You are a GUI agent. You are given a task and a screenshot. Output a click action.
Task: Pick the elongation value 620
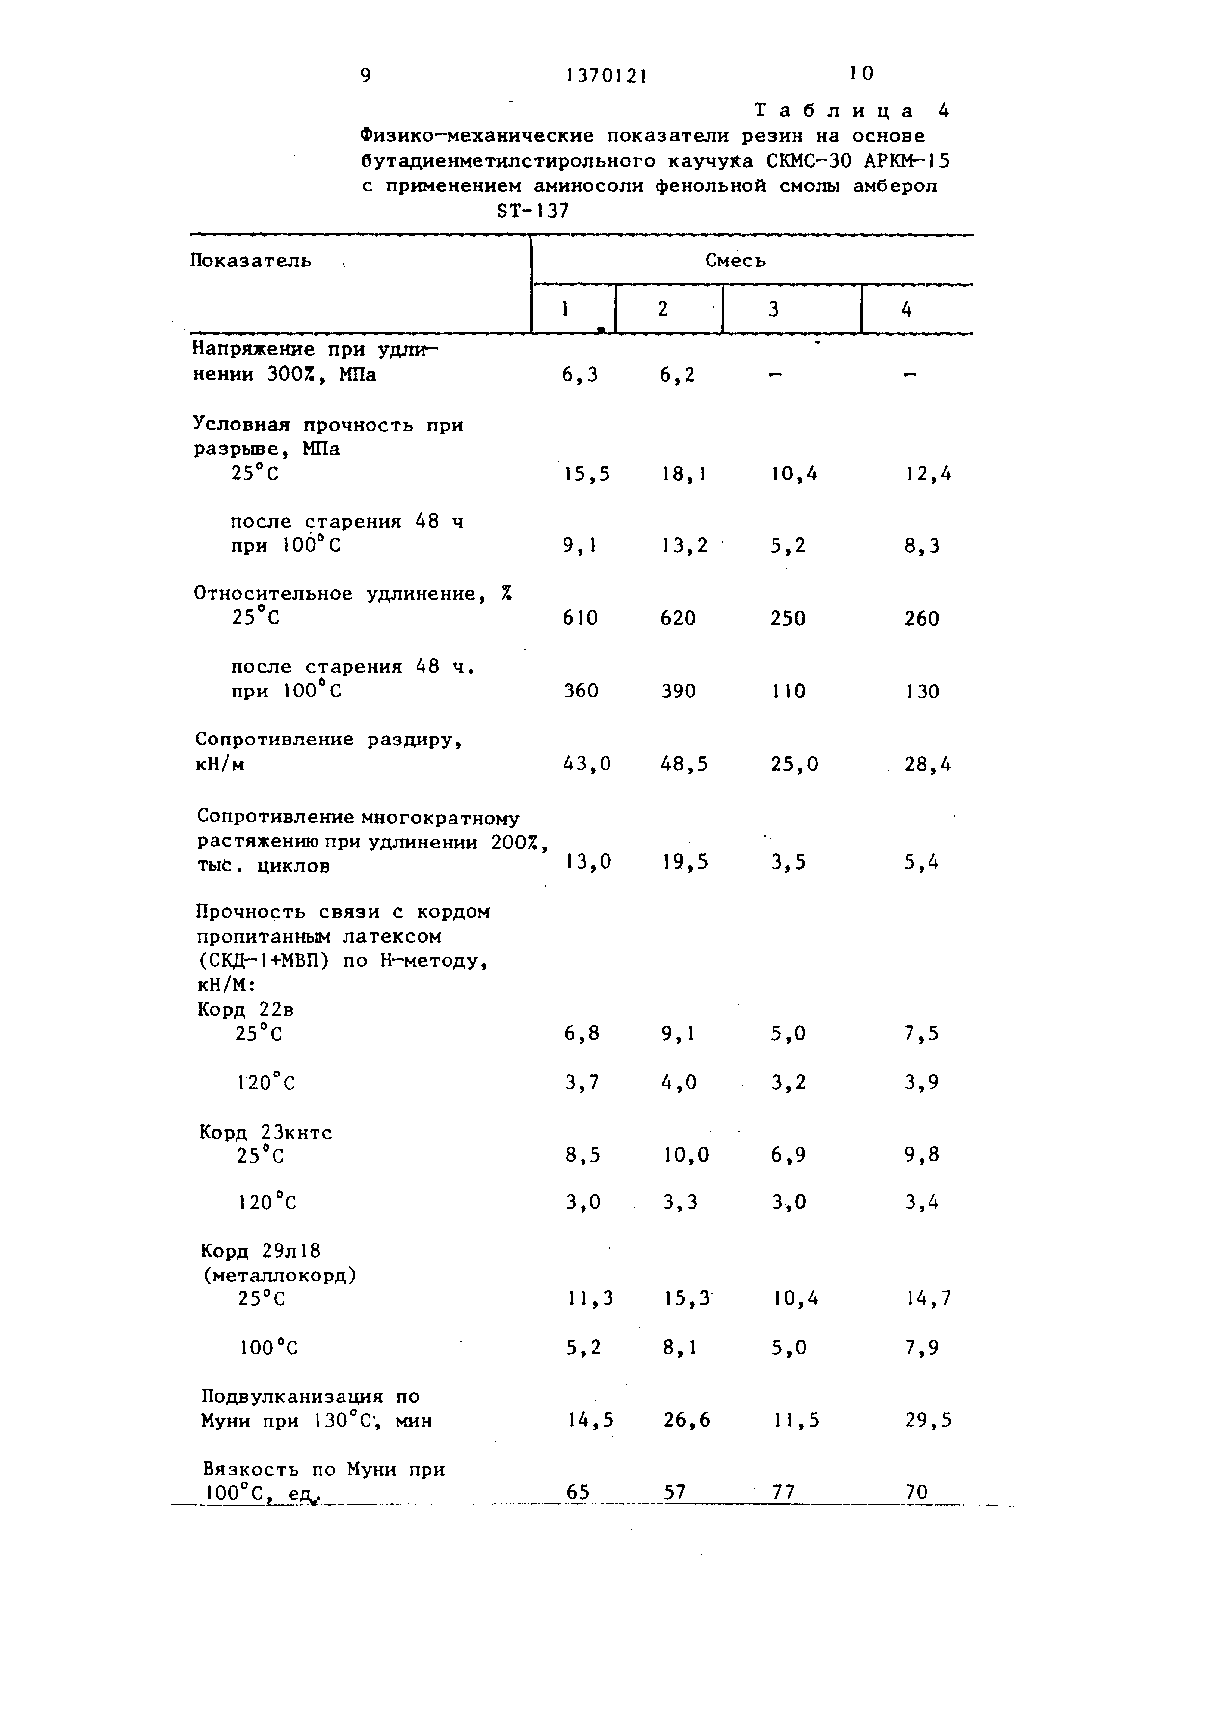click(x=678, y=618)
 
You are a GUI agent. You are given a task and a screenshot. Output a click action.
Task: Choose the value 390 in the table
click(x=678, y=691)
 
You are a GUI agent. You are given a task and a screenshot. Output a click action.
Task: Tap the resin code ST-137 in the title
click(x=533, y=212)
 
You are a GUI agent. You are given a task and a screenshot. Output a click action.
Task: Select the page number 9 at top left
click(x=366, y=76)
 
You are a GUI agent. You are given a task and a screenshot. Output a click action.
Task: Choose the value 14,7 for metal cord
click(x=928, y=1298)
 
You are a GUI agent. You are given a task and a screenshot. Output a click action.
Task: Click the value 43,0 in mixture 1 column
click(x=587, y=764)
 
